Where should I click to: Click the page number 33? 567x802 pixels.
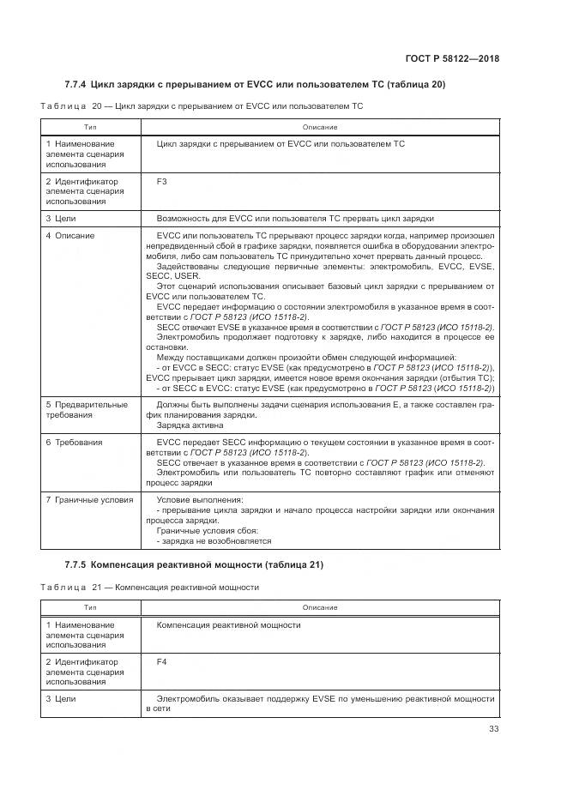pyautogui.click(x=493, y=729)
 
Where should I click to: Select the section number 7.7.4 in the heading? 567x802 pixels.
pyautogui.click(x=77, y=84)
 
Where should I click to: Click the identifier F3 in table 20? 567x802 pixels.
pyautogui.click(x=162, y=182)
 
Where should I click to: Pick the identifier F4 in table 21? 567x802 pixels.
pyautogui.click(x=162, y=662)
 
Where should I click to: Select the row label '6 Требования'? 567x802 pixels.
pyautogui.click(x=75, y=443)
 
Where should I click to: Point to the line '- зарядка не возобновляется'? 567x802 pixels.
pyautogui.click(x=214, y=541)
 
